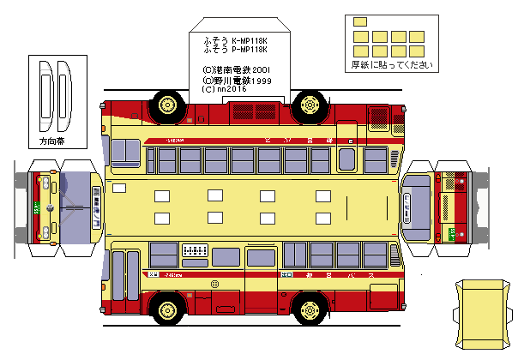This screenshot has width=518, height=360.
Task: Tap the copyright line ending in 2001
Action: pyautogui.click(x=237, y=69)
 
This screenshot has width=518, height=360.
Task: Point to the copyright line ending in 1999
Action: pyautogui.click(x=237, y=79)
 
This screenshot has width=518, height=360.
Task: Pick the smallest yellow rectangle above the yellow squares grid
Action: pyautogui.click(x=360, y=21)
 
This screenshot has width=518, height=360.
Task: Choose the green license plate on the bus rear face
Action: pyautogui.click(x=450, y=231)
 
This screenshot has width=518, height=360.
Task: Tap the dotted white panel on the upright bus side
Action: pyautogui.click(x=196, y=250)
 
